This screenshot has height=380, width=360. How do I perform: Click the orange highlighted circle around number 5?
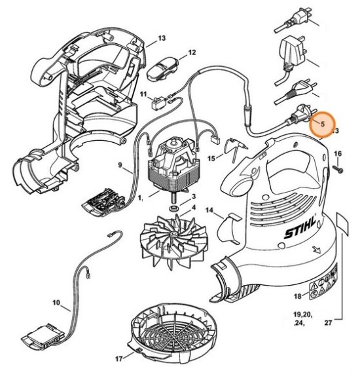click(321, 123)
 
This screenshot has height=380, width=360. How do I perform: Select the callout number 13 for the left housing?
click(162, 39)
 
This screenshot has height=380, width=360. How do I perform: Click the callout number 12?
click(192, 52)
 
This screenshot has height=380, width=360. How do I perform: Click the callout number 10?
click(56, 303)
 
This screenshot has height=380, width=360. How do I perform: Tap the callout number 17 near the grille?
click(119, 358)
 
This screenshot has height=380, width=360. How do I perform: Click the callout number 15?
click(211, 159)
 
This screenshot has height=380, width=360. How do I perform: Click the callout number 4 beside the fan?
click(192, 208)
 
